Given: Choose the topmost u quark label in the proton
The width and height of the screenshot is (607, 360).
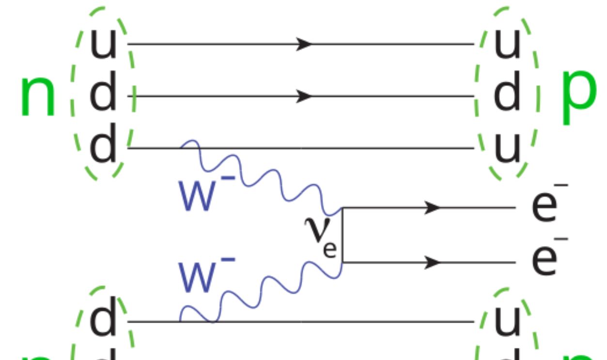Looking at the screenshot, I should [x=507, y=42].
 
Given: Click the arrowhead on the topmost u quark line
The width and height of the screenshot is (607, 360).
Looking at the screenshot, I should [x=304, y=44].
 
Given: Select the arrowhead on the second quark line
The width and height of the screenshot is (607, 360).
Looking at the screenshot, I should [x=304, y=96].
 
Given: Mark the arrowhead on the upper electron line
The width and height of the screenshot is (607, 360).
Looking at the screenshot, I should [x=432, y=208].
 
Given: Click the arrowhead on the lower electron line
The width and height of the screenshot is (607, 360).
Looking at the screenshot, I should [x=432, y=263].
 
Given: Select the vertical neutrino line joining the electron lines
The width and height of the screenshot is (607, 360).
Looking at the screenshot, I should [x=342, y=235].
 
